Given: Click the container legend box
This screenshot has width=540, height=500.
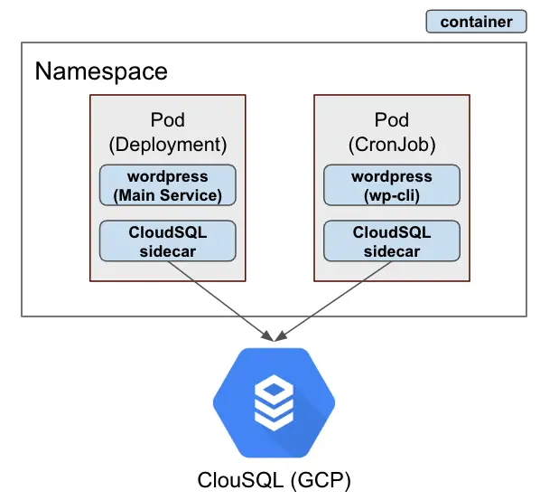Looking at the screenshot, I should [476, 22].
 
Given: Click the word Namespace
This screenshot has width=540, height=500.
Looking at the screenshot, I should [101, 71].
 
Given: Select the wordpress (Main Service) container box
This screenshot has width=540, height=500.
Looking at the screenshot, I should [167, 185].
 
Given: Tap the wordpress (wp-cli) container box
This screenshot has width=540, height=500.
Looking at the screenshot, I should [392, 185].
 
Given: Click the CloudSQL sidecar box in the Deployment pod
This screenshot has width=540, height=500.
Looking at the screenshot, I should [167, 241].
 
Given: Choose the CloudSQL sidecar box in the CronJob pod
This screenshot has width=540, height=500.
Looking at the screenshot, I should [392, 241].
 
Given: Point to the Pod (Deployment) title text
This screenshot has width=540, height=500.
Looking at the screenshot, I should [167, 132].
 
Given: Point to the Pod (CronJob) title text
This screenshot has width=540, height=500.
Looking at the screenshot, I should [392, 132].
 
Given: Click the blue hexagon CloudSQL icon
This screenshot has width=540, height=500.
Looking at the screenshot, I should [274, 403].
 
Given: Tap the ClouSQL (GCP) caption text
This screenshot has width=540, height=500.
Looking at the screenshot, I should [274, 478].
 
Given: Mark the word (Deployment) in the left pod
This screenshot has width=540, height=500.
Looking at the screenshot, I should [167, 144].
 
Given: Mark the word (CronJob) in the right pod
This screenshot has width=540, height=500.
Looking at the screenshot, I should [392, 144].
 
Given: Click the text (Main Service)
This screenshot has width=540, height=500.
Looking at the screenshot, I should [167, 194].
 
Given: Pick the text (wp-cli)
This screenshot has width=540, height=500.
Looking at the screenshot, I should [392, 194].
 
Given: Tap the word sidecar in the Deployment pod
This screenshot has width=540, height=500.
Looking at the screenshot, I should [167, 250].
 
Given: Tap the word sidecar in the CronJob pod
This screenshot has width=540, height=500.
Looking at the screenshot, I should [392, 250].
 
